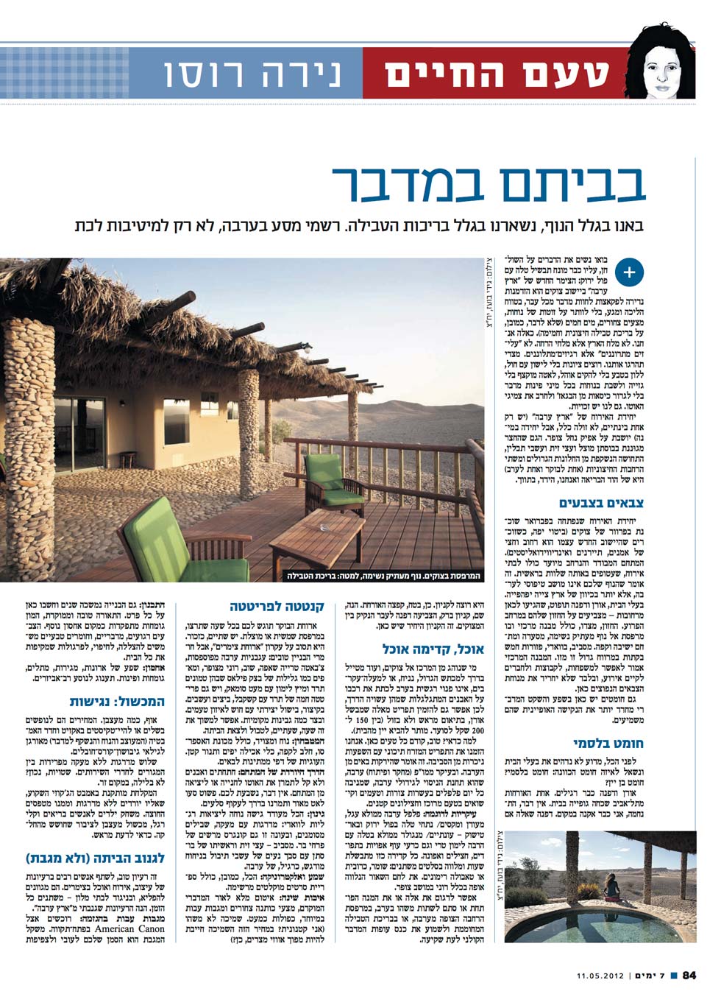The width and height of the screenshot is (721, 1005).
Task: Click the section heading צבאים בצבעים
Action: point(601,503)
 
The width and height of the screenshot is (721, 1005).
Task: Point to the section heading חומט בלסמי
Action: point(608,744)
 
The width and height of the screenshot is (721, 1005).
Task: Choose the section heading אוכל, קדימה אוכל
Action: point(433,649)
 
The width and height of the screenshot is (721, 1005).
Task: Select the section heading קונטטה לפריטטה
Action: point(277,607)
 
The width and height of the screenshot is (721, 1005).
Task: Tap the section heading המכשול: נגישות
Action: point(117,701)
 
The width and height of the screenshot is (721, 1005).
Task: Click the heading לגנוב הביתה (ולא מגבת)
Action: point(96,858)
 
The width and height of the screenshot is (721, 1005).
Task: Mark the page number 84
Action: point(689,976)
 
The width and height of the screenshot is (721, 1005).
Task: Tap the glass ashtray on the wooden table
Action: point(324,527)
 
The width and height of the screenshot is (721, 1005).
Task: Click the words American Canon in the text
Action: point(126,928)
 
